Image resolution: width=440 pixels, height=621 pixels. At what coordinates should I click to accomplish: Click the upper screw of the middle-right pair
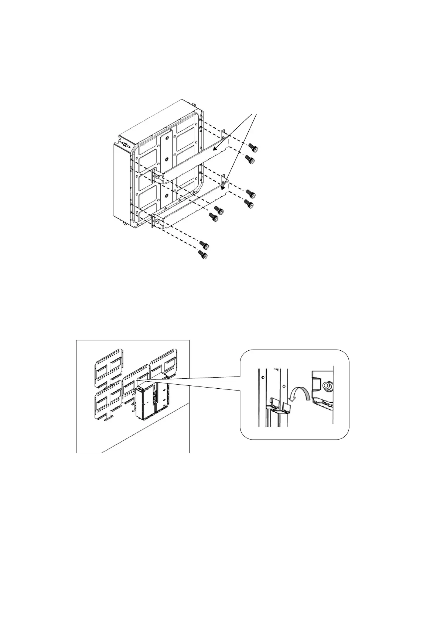click(251, 193)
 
